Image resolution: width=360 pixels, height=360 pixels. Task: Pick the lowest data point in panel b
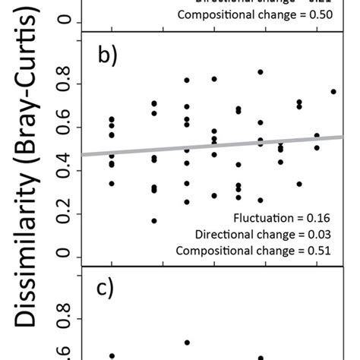[x=154, y=221]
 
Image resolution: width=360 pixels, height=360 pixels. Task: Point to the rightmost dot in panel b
[x=333, y=92]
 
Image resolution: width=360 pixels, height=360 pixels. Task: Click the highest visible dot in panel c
[x=187, y=343]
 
